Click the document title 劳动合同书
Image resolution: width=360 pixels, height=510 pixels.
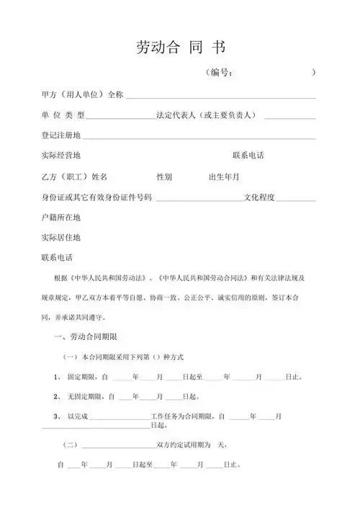click(x=180, y=48)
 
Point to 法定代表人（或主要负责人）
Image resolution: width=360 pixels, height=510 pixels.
click(x=209, y=115)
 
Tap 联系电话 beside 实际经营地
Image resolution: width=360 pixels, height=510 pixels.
click(x=248, y=156)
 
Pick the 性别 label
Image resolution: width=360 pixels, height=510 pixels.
click(x=164, y=176)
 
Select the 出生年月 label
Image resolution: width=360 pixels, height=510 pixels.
click(x=223, y=176)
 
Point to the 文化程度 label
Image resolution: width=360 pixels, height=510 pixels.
click(x=264, y=197)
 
